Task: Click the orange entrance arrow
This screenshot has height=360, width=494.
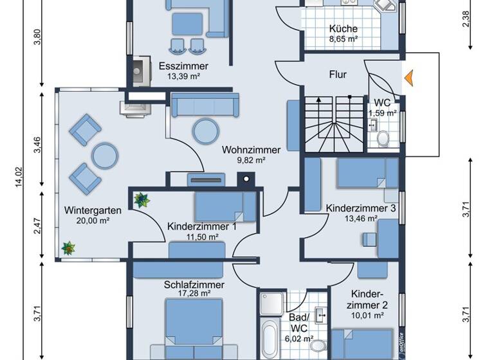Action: [408, 78]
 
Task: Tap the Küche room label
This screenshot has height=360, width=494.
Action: [343, 29]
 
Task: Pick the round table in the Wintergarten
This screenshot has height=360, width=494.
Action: [104, 154]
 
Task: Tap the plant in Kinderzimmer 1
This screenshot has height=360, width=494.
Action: [142, 200]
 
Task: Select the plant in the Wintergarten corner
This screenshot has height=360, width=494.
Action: [68, 248]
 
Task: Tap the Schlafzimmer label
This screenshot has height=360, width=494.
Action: [194, 285]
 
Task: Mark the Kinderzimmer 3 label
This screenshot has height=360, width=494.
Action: [360, 208]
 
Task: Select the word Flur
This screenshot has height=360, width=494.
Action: [337, 75]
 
